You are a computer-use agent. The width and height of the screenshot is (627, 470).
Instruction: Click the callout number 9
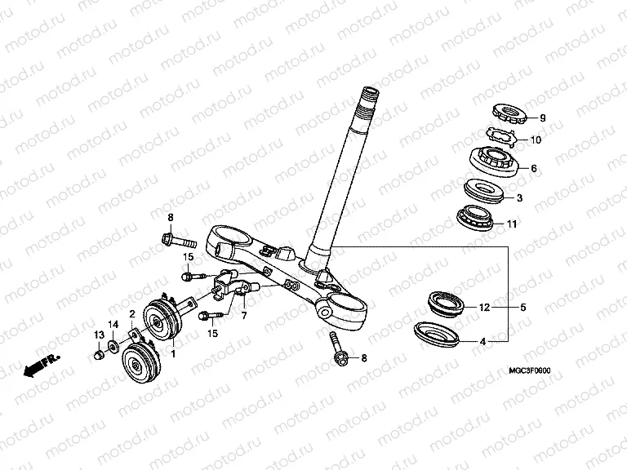pos(543,117)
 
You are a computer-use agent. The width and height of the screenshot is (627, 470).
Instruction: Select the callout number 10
pos(536,140)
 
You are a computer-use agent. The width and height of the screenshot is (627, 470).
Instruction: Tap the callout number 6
pos(534,168)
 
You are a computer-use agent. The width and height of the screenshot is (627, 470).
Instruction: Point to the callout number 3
pos(519,197)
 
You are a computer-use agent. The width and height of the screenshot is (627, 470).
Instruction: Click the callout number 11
pos(512,224)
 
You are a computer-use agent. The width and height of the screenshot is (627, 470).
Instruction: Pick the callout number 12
pos(484,308)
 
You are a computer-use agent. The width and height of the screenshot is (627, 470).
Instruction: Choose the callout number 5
pos(523,308)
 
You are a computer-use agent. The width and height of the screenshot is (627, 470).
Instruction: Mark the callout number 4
pos(483,342)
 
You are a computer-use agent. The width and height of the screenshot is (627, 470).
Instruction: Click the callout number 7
pos(244,316)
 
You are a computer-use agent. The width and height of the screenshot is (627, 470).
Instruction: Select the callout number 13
pos(99,335)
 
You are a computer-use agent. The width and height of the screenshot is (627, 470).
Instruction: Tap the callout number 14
pos(113,324)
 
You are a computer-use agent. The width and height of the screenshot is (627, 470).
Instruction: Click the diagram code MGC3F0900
pos(529,370)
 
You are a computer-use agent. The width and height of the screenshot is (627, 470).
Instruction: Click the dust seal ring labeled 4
pos(436,333)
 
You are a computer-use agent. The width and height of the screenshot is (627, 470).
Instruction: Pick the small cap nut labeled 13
pos(98,354)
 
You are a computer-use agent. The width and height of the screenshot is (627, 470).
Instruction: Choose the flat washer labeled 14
pos(113,345)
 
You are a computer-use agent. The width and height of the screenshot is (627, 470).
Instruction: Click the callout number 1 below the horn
pos(173,354)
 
